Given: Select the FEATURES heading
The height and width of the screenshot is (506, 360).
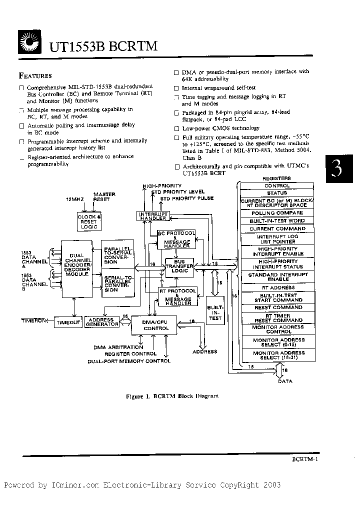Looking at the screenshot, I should click(x=35, y=76).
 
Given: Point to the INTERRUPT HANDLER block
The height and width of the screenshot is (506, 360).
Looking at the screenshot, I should click(x=153, y=215).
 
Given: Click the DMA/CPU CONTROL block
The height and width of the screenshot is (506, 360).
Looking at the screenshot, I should click(x=156, y=325).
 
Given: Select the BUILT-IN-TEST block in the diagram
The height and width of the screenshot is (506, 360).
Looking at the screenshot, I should click(x=215, y=311).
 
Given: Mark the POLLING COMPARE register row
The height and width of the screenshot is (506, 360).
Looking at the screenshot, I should click(x=277, y=213).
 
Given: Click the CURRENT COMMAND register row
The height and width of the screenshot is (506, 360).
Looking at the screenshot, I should click(x=277, y=228).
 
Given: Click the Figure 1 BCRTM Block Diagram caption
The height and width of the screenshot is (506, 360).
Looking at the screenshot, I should click(x=172, y=395).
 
